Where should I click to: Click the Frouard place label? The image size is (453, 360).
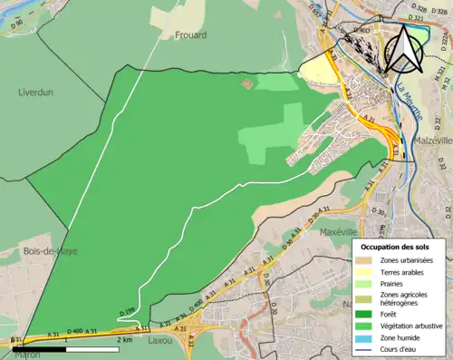187,35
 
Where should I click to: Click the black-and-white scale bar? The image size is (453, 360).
63,347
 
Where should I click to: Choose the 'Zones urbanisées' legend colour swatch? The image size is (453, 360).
366,261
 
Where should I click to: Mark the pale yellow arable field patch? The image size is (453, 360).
316,70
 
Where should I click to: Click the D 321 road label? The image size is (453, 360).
444,80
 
